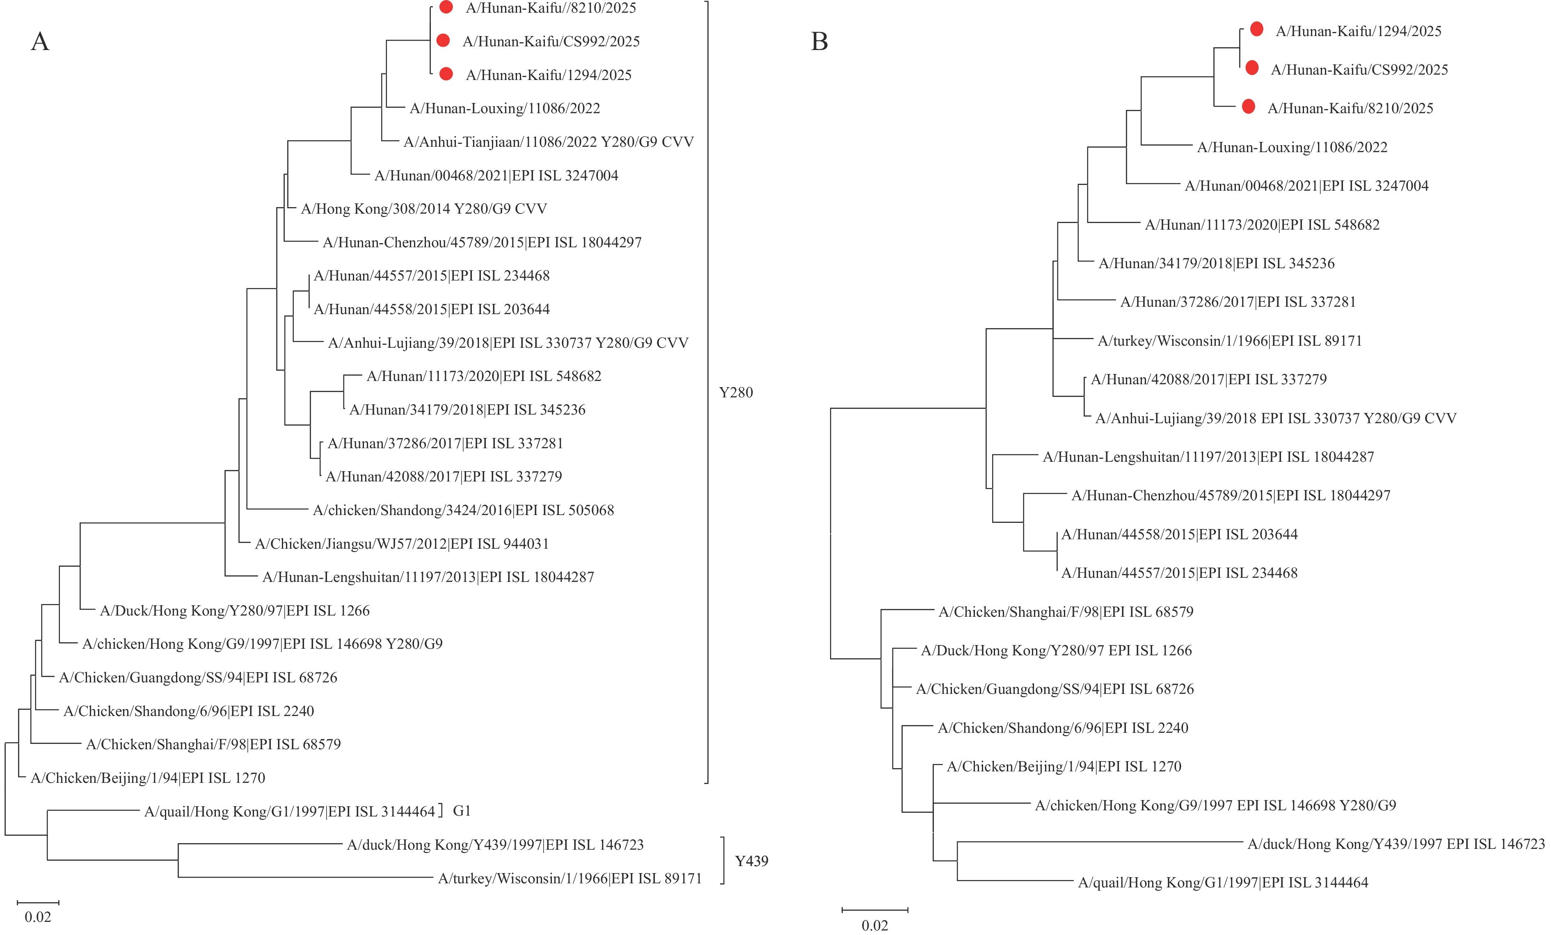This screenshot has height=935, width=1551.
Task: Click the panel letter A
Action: (x=40, y=41)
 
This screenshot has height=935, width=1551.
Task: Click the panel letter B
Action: (x=819, y=41)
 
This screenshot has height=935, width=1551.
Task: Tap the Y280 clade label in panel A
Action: (x=736, y=392)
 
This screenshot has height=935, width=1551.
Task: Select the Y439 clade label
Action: (x=752, y=861)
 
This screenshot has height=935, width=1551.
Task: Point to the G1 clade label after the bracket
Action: (x=462, y=811)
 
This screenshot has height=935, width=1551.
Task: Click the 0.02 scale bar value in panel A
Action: (x=38, y=917)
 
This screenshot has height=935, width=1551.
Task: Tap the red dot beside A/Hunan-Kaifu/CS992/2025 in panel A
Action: (x=443, y=40)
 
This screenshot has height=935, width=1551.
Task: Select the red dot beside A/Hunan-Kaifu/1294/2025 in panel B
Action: (x=1256, y=29)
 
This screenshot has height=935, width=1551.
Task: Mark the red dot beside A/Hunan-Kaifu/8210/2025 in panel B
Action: (x=1248, y=107)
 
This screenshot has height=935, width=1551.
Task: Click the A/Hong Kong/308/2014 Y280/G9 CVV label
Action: (x=423, y=209)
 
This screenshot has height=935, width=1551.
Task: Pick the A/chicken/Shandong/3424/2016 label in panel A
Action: (x=463, y=510)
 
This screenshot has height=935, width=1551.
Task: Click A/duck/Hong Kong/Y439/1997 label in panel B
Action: (x=1395, y=844)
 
